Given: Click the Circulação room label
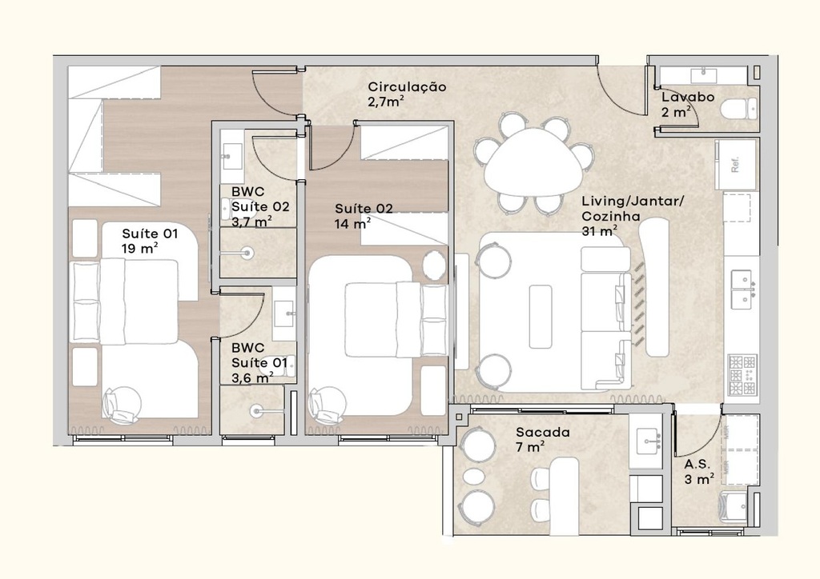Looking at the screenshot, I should (x=406, y=94).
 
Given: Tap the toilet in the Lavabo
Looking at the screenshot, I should (x=738, y=108).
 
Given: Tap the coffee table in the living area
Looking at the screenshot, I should (x=541, y=316).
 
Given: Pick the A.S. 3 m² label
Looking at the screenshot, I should (x=698, y=471).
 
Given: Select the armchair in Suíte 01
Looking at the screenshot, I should (x=121, y=404).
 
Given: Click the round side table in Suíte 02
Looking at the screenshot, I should (x=434, y=265).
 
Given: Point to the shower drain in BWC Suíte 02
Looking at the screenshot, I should (x=247, y=254).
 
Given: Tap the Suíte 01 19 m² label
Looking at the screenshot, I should (x=149, y=240).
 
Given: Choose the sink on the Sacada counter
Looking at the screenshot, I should (x=647, y=439).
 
